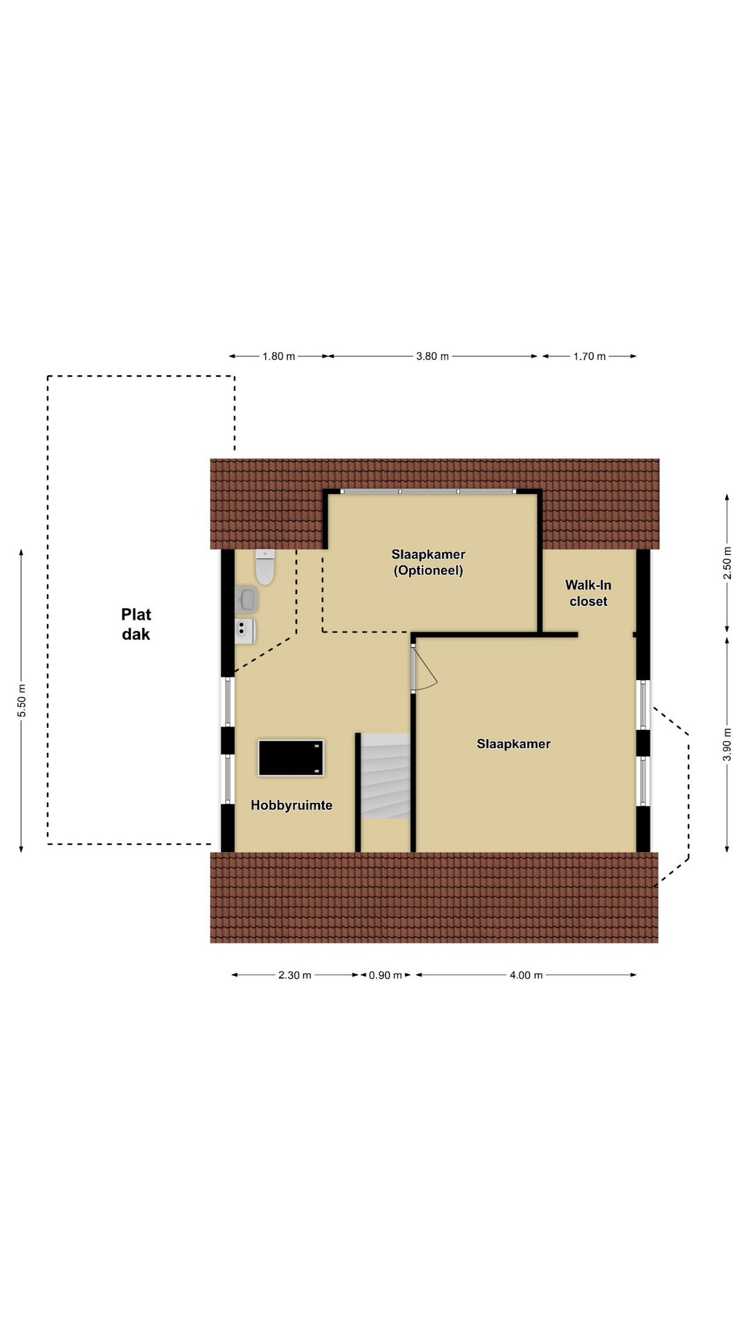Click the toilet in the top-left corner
(x=265, y=566)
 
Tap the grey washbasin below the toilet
(x=247, y=600)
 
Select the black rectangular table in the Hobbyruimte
(x=291, y=758)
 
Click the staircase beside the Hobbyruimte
(x=386, y=776)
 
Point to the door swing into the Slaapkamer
(x=425, y=669)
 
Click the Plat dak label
(x=136, y=624)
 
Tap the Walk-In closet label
(x=588, y=593)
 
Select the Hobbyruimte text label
(x=292, y=805)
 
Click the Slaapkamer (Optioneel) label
(x=428, y=562)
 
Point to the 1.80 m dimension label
(x=278, y=356)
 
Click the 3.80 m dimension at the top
(x=432, y=356)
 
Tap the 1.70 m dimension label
(x=589, y=356)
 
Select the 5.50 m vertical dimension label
(x=21, y=701)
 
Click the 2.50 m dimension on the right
(x=727, y=564)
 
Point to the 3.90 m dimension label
(x=727, y=745)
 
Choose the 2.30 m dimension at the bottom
(x=295, y=975)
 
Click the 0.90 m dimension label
(x=385, y=975)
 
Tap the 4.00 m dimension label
(x=526, y=975)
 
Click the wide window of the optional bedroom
(x=429, y=491)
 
